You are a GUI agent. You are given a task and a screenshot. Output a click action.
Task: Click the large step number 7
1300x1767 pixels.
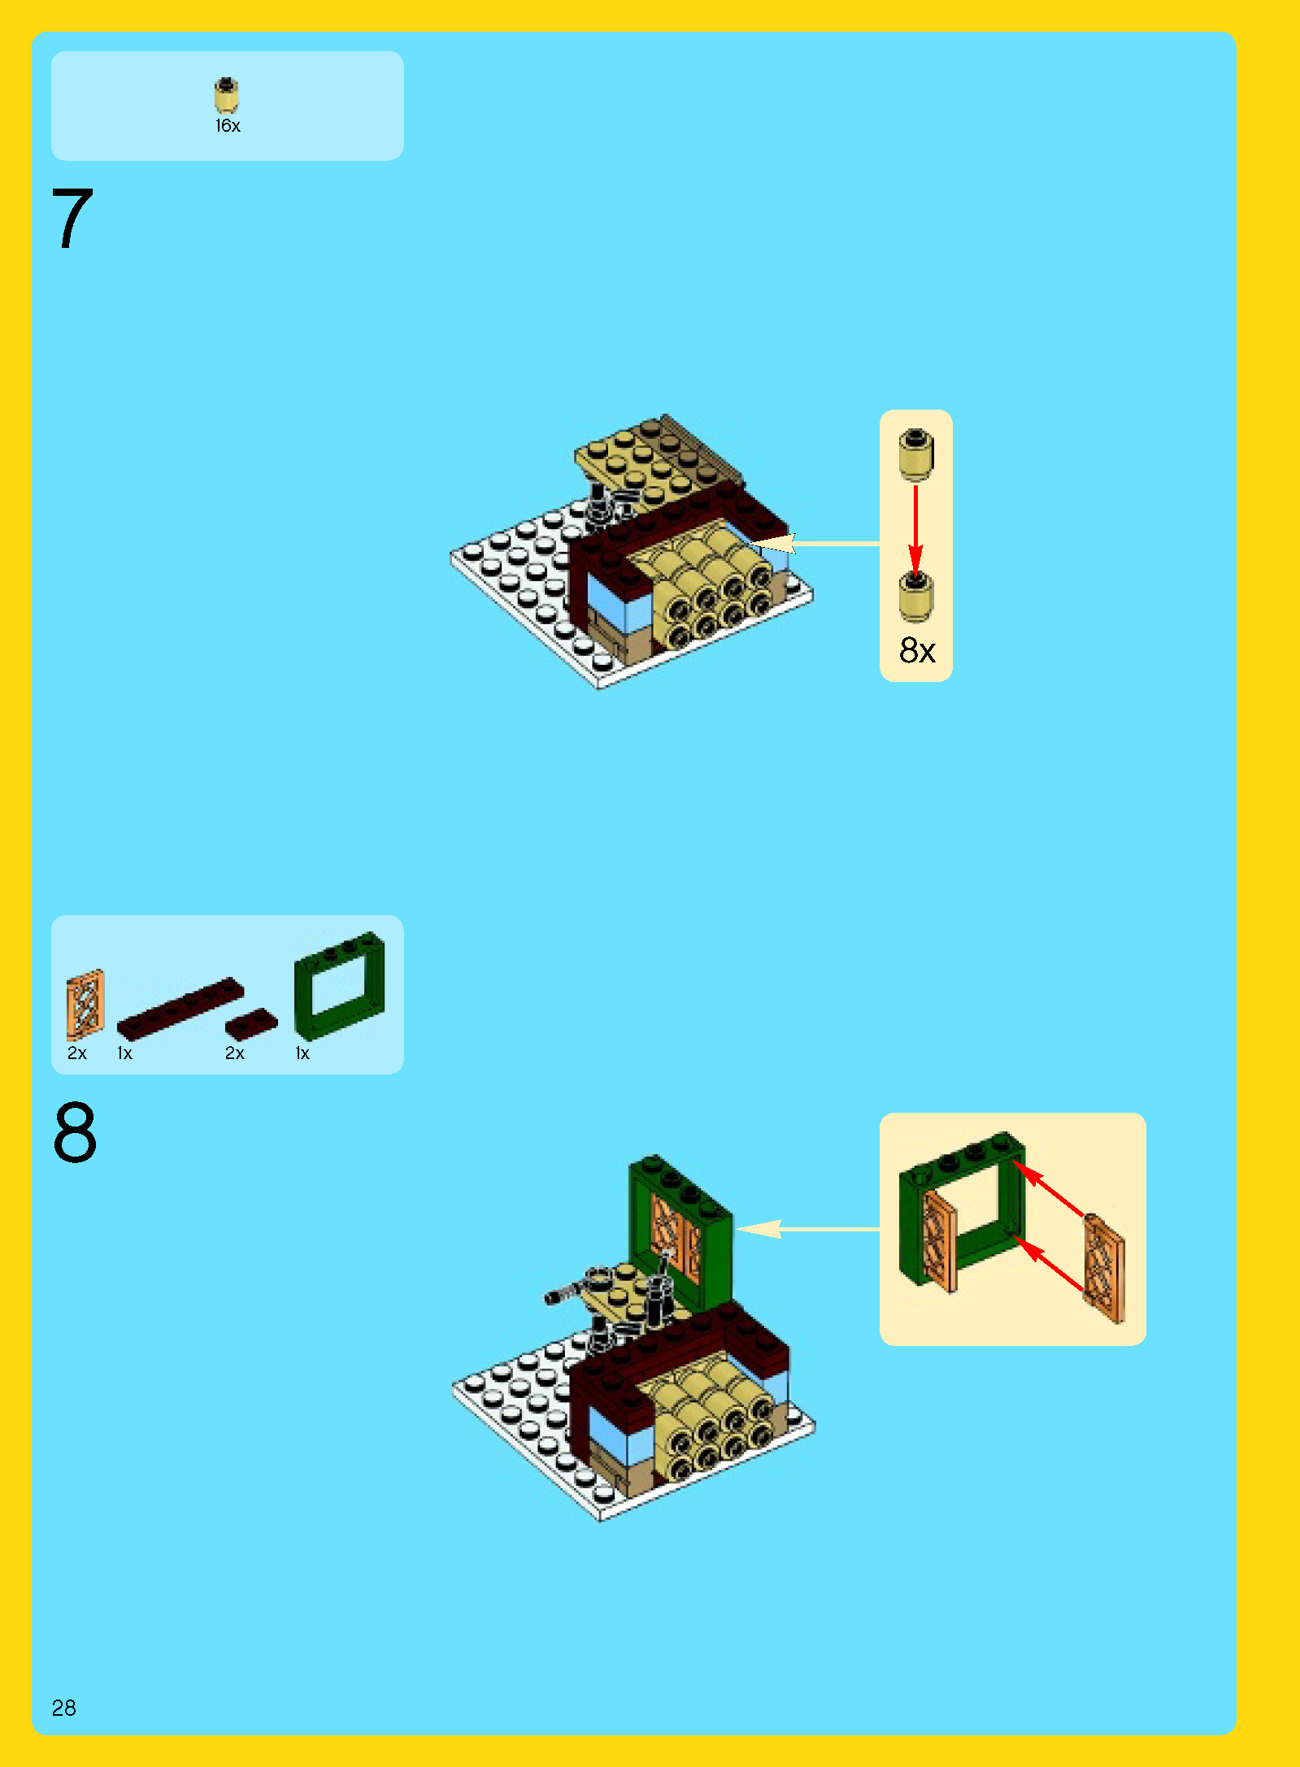(72, 218)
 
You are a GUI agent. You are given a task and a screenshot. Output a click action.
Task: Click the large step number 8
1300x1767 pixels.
(75, 1132)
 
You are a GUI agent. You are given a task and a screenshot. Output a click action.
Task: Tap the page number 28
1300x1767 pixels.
(64, 1707)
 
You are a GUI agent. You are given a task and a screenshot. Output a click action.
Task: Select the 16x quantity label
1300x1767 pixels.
(228, 126)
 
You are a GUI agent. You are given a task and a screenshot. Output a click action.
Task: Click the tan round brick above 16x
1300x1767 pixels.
(226, 95)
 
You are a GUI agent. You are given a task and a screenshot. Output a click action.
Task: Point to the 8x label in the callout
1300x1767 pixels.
(917, 650)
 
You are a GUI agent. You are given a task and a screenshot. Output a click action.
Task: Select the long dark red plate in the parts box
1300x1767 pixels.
(180, 1009)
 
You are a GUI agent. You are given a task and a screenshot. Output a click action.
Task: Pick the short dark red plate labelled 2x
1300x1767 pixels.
(251, 1024)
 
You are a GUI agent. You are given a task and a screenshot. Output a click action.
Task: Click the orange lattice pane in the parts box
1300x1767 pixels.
(85, 1005)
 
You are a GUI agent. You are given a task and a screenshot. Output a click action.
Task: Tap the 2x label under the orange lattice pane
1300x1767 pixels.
(77, 1053)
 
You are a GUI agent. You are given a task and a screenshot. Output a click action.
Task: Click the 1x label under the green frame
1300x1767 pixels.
(302, 1053)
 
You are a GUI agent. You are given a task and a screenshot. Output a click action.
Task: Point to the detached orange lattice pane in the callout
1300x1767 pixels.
(1104, 1269)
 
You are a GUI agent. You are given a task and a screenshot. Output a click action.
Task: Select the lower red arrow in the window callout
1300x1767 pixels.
(1049, 1264)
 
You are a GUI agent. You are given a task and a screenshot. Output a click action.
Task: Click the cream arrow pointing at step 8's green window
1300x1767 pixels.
(808, 1229)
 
